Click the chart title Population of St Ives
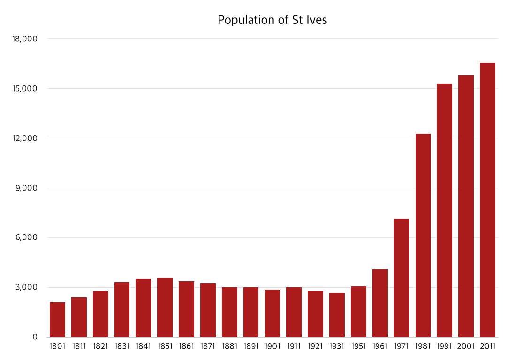tap(272, 20)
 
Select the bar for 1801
tap(57, 320)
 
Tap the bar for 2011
tap(487, 200)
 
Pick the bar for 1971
tap(401, 278)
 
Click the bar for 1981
tap(423, 235)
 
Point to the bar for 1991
tap(444, 210)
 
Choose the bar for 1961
tap(380, 303)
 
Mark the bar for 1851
tap(165, 307)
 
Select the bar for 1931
tap(337, 315)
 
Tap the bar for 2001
tap(466, 206)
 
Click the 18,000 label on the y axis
tap(24, 39)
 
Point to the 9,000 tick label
tap(26, 188)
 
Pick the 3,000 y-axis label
tap(26, 287)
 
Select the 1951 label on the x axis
tap(358, 347)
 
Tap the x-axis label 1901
tap(272, 347)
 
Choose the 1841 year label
tap(143, 347)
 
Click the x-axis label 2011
tap(487, 347)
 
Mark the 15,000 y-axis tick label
tap(24, 89)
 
